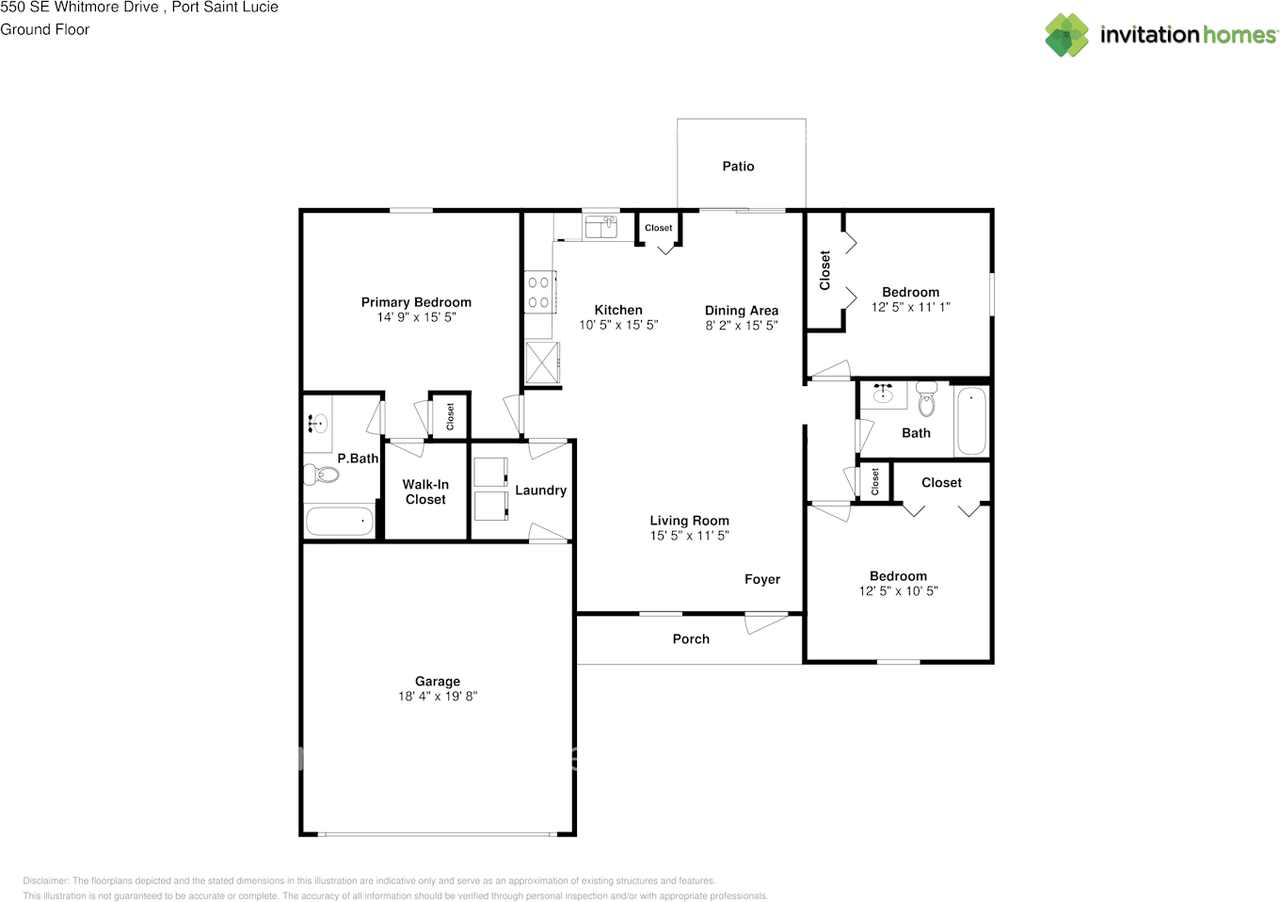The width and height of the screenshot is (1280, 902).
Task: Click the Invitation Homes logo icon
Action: (x=1067, y=35)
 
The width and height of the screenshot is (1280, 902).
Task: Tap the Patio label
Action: (x=738, y=166)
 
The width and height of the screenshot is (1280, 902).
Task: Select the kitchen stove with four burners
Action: (x=538, y=291)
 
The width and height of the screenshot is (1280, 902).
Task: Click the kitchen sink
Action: (x=601, y=227)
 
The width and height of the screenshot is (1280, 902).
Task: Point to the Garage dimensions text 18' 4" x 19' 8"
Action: (x=438, y=696)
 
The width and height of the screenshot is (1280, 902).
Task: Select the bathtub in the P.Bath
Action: (x=339, y=521)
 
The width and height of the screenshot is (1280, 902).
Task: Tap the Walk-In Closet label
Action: (x=426, y=491)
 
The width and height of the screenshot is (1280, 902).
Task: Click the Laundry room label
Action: (x=541, y=490)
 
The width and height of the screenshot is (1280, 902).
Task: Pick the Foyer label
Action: (x=762, y=579)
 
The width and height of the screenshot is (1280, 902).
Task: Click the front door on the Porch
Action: (x=766, y=622)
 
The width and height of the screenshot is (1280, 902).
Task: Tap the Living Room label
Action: (x=689, y=520)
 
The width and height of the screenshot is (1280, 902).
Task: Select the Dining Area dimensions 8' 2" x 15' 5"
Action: (x=741, y=325)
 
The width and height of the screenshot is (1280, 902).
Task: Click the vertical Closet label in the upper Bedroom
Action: (x=825, y=270)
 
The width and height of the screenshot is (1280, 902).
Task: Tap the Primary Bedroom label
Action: (x=416, y=302)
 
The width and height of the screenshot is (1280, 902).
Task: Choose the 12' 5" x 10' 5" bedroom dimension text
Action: (x=898, y=591)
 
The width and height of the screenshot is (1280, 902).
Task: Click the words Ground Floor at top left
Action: (x=45, y=29)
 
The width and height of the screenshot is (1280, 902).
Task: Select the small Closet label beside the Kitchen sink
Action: (x=658, y=228)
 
